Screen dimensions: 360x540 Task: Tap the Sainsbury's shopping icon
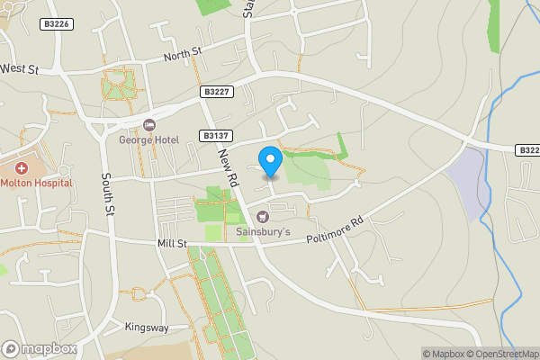coord(263,216)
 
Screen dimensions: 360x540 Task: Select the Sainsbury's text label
coord(263,232)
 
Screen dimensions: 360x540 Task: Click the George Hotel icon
coord(149,124)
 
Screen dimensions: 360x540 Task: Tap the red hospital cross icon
coord(21,168)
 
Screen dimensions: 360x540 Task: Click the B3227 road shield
coord(217,91)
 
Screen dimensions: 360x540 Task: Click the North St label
coord(183,56)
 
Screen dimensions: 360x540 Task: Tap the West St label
coord(20,68)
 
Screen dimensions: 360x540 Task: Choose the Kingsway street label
coord(146,327)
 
